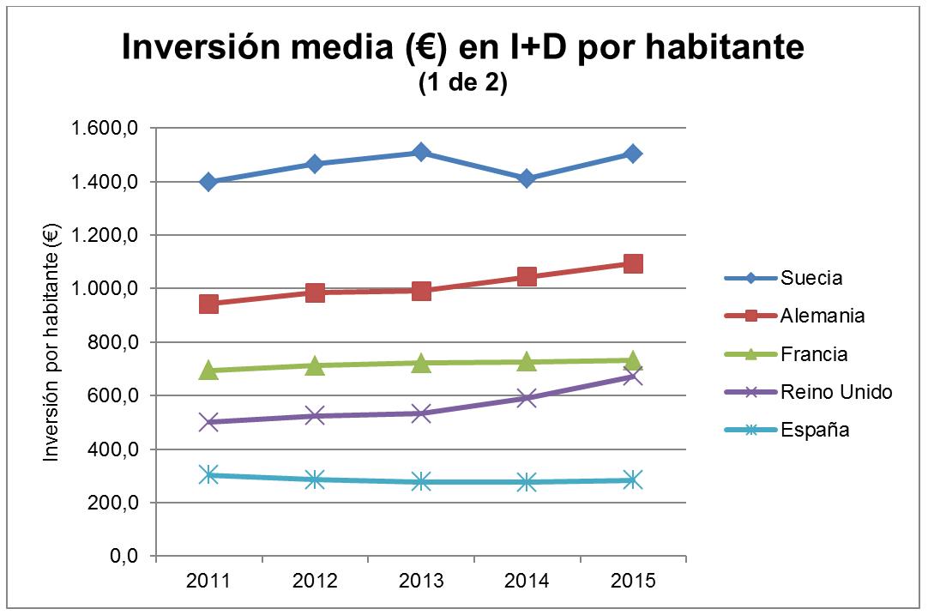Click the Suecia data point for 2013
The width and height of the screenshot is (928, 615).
tap(421, 153)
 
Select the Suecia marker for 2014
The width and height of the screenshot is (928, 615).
tap(527, 178)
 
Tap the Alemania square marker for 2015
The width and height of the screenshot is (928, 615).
tap(633, 263)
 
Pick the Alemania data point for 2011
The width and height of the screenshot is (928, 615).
tap(208, 304)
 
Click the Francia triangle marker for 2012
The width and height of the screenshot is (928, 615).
tap(315, 365)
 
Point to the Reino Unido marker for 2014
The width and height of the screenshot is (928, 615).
tap(527, 397)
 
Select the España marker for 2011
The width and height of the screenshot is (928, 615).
tap(208, 474)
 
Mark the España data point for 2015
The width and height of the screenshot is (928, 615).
tap(633, 479)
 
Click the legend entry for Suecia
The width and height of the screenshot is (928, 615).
tap(811, 278)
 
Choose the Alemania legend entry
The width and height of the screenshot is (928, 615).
tap(823, 316)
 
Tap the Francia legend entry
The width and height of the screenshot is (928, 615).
tap(814, 353)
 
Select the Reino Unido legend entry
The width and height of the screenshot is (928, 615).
tap(836, 392)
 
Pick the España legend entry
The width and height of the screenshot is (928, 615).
tap(815, 430)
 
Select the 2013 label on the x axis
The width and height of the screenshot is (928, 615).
tap(421, 582)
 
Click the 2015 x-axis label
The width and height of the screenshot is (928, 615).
tap(633, 582)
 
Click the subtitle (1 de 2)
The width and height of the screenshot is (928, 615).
tap(463, 85)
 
